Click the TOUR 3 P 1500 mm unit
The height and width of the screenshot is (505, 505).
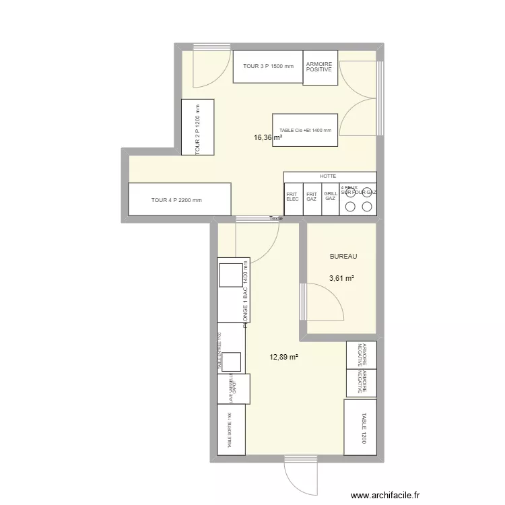click(x=268, y=67)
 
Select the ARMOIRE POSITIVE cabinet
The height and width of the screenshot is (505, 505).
click(x=319, y=67)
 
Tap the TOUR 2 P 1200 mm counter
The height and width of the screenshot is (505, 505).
click(x=197, y=127)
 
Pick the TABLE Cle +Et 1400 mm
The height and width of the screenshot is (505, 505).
click(x=304, y=130)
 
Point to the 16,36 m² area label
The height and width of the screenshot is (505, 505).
click(x=267, y=137)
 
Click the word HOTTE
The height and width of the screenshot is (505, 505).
click(x=328, y=176)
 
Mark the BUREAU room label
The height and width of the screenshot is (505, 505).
click(x=343, y=257)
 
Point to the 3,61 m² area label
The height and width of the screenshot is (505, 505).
click(x=341, y=277)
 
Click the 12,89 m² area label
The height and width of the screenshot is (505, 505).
click(x=284, y=358)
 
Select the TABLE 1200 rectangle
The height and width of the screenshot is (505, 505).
click(x=360, y=428)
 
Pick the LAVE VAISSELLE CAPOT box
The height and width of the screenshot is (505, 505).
click(x=233, y=389)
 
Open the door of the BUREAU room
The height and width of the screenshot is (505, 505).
click(x=323, y=303)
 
